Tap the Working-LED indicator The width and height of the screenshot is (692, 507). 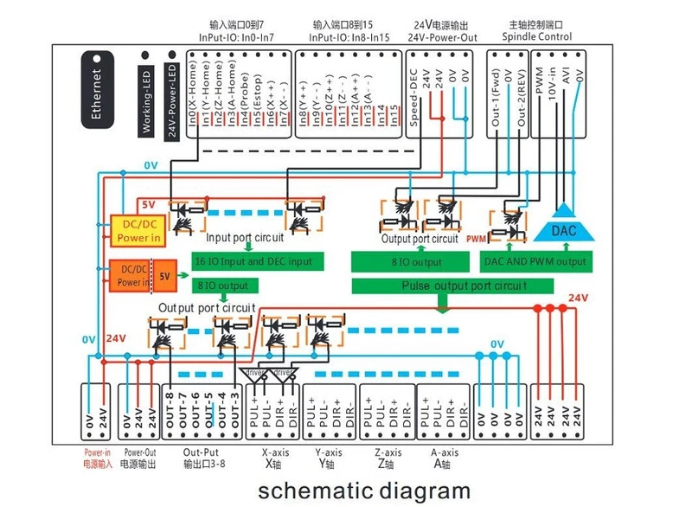tap(147, 96)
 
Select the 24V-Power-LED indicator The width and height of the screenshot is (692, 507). tap(172, 97)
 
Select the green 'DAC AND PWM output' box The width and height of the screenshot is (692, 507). tap(535, 261)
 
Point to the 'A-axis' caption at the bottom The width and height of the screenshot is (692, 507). tap(444, 452)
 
